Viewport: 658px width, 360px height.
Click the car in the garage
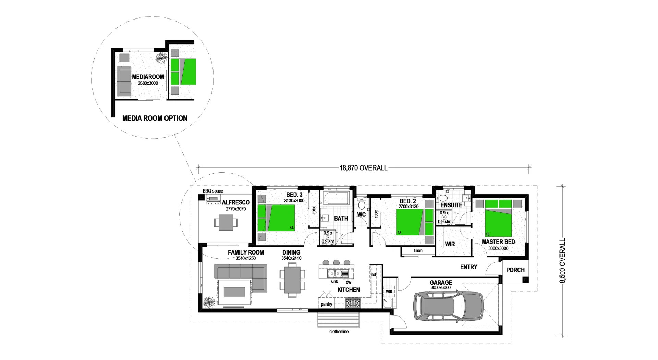tap(449, 306)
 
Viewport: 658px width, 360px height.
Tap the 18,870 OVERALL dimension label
tap(363, 168)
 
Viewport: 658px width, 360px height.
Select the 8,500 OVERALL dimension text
tap(562, 261)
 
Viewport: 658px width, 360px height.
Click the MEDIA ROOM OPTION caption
tap(155, 118)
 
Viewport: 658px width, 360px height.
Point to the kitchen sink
tap(335, 274)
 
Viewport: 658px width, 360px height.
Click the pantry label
tap(327, 304)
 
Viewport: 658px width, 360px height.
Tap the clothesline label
tap(339, 332)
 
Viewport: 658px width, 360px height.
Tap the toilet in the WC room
tap(361, 204)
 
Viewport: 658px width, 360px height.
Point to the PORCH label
tap(515, 270)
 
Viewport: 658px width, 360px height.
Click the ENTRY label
tap(468, 267)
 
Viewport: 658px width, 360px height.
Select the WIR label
tap(450, 244)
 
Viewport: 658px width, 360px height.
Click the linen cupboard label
tap(418, 251)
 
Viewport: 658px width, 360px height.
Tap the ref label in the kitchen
tap(374, 274)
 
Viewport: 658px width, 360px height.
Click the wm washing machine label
tap(389, 291)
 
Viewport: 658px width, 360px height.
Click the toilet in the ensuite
tap(443, 198)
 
